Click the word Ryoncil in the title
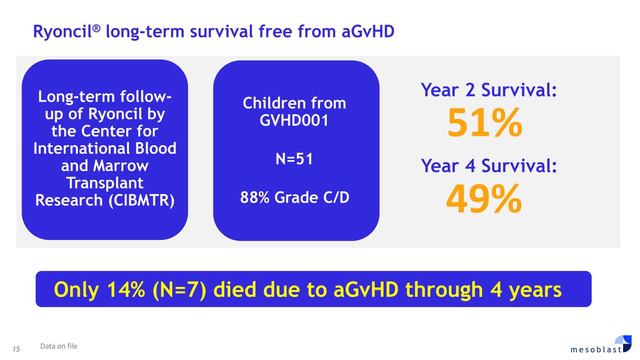62,31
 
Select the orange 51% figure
485,123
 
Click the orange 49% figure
484,199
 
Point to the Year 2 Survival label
489,90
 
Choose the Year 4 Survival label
489,166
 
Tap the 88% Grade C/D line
294,197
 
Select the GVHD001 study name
294,120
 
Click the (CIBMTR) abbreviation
142,200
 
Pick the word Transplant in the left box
105,183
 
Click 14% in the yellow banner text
126,290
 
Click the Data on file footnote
59,346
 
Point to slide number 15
16,349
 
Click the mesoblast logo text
596,349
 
